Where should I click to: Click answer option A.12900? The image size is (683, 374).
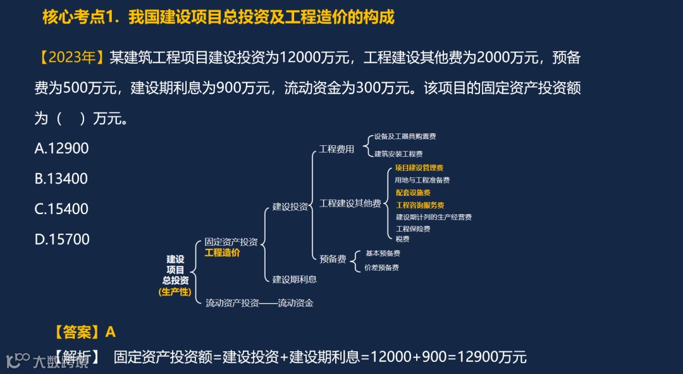coord(61,148)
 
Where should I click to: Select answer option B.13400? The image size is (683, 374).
coord(61,179)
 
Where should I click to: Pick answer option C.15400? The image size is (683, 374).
coord(61,209)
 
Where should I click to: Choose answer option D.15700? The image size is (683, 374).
coord(62,239)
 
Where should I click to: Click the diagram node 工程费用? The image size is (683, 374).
coord(336,149)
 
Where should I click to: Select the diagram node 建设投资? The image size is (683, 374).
coord(290,206)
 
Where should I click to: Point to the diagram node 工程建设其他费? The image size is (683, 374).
coord(350,203)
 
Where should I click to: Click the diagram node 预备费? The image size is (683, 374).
coord(333,258)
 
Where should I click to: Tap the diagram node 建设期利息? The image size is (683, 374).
coord(295,279)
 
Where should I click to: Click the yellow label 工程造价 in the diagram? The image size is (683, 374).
coord(222,253)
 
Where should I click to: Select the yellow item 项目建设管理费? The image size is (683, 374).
coord(419,168)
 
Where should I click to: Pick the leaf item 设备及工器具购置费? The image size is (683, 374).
coord(405,136)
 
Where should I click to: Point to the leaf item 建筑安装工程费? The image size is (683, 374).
coord(398,154)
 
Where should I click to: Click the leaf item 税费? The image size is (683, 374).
coord(402,239)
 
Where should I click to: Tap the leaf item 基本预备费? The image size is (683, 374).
coord(383,253)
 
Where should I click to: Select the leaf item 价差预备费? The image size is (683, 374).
coord(381,268)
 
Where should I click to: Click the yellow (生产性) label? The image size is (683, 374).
coord(175,292)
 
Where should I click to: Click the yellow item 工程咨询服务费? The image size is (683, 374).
coord(420,205)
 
